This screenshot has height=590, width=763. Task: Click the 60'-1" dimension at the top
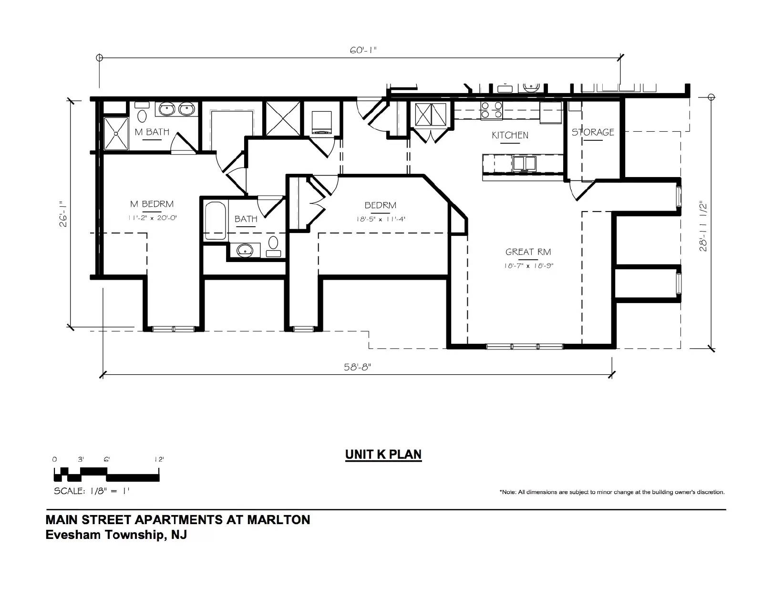coord(363,50)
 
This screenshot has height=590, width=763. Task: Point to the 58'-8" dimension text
coord(357,367)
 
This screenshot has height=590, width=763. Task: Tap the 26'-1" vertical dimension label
coord(63,214)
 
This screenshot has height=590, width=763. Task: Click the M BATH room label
coord(152,132)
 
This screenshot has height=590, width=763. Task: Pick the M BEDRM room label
coord(152,204)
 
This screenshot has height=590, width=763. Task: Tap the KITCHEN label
coord(510,135)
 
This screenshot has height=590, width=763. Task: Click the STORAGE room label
coord(593,132)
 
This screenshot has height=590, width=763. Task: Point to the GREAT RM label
coord(528,252)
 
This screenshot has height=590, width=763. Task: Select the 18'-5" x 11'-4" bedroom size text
coord(381,219)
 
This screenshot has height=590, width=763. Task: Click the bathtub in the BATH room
coord(215,221)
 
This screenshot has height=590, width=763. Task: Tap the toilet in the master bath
coord(142,112)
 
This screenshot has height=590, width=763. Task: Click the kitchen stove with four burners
coord(491,110)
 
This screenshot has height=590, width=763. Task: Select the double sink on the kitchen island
coord(524,163)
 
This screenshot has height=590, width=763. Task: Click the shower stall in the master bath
coord(116,134)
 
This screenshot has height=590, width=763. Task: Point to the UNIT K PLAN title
coord(383,454)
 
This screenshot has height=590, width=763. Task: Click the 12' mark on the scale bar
coord(159,459)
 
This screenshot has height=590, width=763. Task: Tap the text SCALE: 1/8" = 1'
coord(92,491)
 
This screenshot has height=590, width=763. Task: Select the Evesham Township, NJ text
coord(116,535)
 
